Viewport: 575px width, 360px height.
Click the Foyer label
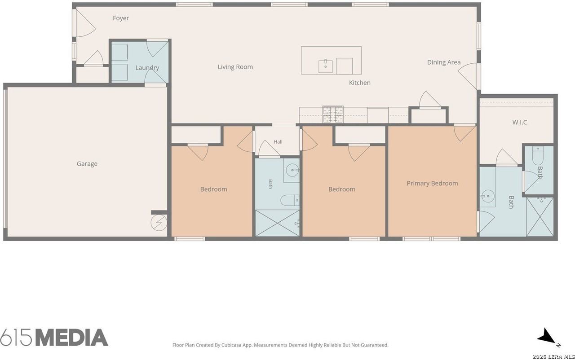click(x=121, y=18)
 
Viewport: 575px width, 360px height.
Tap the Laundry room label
click(x=147, y=68)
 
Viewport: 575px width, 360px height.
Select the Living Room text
click(x=235, y=67)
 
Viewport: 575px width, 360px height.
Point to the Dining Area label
click(x=443, y=62)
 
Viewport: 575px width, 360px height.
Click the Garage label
click(x=87, y=164)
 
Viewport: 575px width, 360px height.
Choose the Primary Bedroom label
click(x=432, y=183)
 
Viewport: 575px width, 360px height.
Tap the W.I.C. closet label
click(x=520, y=122)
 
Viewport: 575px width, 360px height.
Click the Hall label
click(x=278, y=142)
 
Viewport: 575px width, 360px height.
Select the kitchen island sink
click(x=326, y=66)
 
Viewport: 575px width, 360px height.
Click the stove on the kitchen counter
click(x=333, y=114)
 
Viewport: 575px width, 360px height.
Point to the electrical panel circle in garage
click(x=159, y=223)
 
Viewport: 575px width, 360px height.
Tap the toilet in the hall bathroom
click(x=290, y=200)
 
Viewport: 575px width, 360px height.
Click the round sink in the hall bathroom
click(x=292, y=170)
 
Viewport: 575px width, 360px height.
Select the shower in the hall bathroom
click(x=278, y=223)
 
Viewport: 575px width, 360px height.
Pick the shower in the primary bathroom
click(x=540, y=217)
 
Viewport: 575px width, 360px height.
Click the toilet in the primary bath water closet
click(x=538, y=155)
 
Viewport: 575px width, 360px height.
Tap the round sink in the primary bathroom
click(x=488, y=196)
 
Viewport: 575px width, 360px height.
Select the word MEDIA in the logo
click(x=71, y=338)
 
